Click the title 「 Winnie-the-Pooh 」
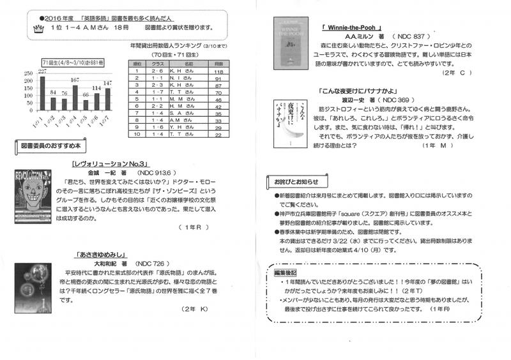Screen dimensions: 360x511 coord(353,29)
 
